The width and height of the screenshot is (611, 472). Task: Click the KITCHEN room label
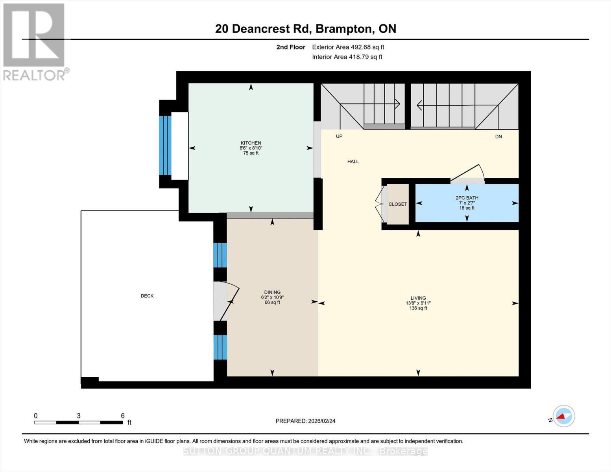(251, 143)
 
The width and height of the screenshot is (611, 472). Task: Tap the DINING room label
(272, 292)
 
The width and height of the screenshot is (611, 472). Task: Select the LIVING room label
(418, 298)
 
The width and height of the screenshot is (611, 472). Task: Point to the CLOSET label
(398, 204)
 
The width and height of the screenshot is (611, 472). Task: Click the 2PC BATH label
(467, 198)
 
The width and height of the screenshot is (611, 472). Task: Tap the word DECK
(147, 296)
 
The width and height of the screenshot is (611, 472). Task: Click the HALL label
(353, 161)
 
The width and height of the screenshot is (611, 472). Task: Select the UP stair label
(339, 136)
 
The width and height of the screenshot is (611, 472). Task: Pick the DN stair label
(498, 136)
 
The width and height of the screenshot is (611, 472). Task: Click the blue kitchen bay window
(165, 146)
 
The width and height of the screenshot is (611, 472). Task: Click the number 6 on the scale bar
(123, 415)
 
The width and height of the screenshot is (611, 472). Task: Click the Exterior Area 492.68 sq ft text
(348, 47)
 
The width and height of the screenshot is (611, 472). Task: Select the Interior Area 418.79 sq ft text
(347, 57)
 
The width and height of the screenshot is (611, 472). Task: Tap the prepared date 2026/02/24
(322, 421)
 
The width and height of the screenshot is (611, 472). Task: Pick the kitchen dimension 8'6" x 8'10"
(251, 148)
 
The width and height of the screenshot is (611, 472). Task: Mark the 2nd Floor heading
(291, 47)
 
